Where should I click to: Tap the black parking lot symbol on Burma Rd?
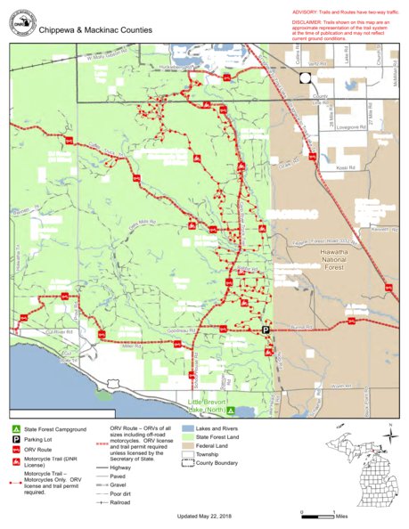(265, 330)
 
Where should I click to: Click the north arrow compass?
(389, 437)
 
